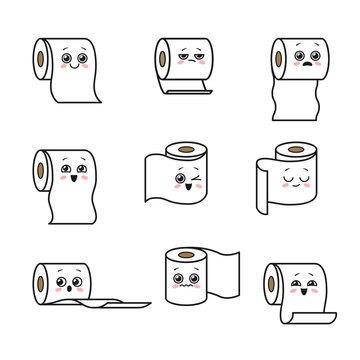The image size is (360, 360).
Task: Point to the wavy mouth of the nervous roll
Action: [180, 286]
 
